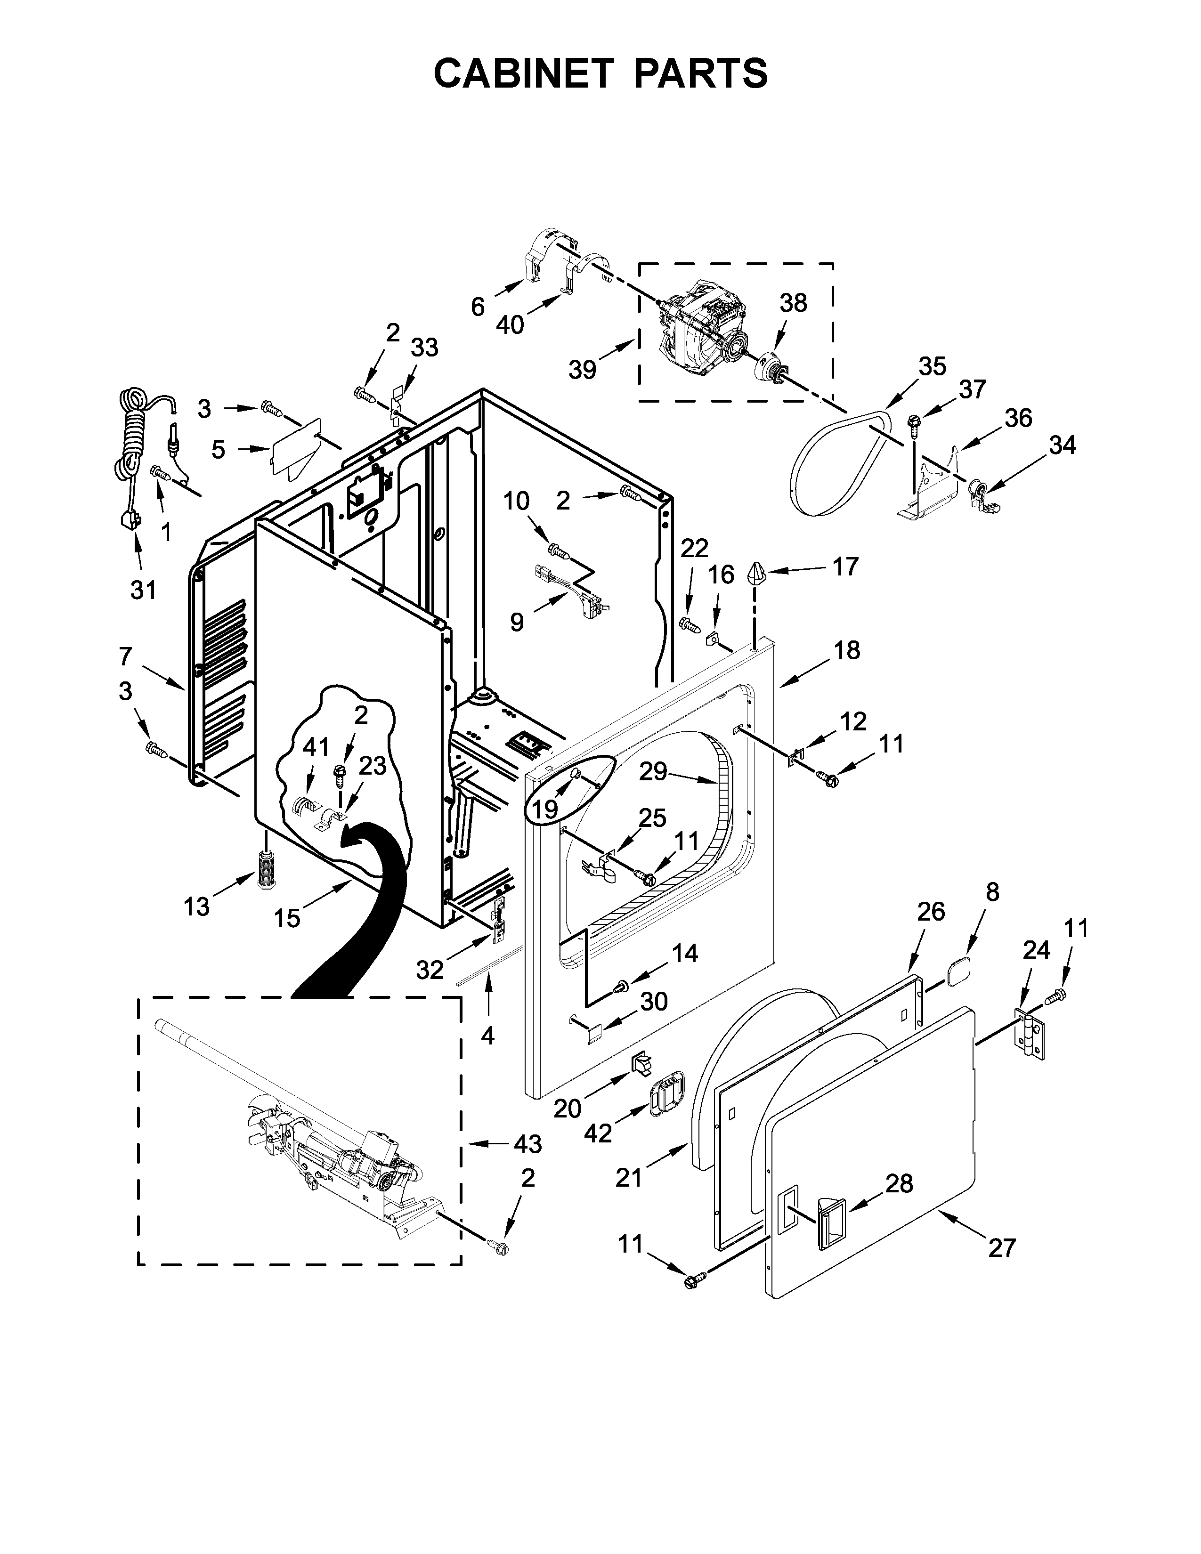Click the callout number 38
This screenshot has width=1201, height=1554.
click(793, 303)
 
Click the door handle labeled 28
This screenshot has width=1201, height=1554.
click(829, 1224)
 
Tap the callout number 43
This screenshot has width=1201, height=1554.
click(527, 1144)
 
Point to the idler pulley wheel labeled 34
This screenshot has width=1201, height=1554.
click(979, 490)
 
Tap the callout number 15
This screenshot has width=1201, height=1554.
click(287, 919)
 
